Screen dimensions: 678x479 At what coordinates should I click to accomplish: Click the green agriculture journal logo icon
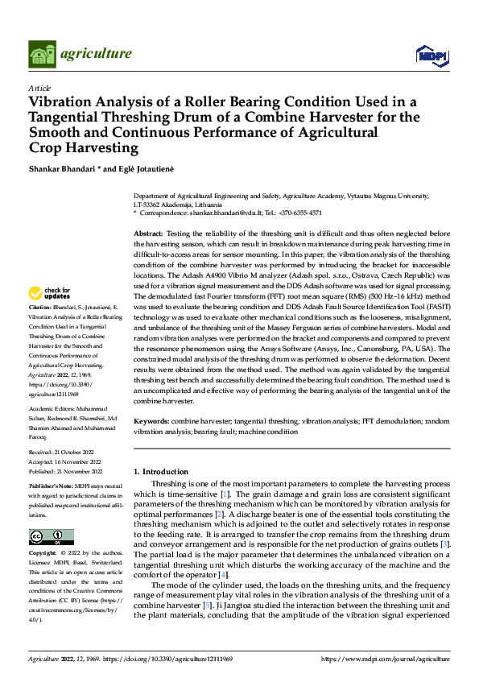pos(42,54)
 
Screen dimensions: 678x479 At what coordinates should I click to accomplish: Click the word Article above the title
pos(39,87)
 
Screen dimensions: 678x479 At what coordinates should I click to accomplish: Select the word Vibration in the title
pos(62,102)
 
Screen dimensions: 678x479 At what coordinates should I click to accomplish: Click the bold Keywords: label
pos(151,421)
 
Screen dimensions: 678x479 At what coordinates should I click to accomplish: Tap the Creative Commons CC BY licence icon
pos(51,537)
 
